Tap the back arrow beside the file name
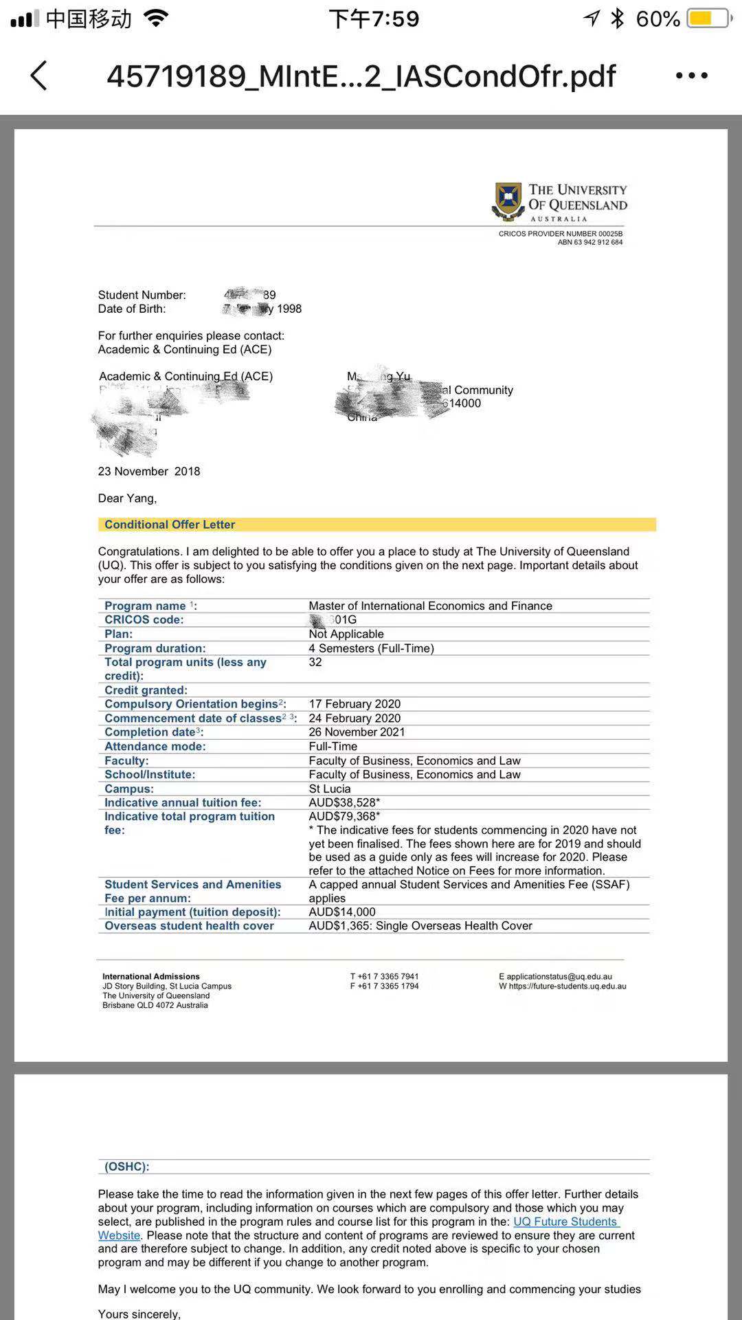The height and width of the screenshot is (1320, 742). (x=39, y=76)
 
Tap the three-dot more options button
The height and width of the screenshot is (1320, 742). (x=691, y=76)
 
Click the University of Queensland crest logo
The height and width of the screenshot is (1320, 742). (x=508, y=201)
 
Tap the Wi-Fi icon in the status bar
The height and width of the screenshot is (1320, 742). (x=157, y=19)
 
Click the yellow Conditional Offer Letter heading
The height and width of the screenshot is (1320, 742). (x=170, y=525)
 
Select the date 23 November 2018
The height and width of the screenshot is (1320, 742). (x=149, y=472)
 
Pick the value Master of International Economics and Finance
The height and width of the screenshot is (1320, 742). (x=430, y=606)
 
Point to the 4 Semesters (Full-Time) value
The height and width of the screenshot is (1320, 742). (x=371, y=648)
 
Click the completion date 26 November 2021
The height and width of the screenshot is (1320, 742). (x=357, y=732)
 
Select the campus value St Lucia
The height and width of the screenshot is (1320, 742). (x=330, y=789)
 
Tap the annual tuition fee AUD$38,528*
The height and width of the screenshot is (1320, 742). (x=344, y=802)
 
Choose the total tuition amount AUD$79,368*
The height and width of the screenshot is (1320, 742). (x=344, y=817)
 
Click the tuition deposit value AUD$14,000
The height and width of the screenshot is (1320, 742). (x=342, y=912)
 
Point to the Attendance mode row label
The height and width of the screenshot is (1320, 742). (x=155, y=747)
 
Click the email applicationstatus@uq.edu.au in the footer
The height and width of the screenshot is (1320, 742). (x=559, y=976)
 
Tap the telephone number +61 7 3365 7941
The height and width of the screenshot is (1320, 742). (x=387, y=976)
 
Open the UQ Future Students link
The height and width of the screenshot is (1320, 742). (x=565, y=1222)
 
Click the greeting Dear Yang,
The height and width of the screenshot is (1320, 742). (x=127, y=498)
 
